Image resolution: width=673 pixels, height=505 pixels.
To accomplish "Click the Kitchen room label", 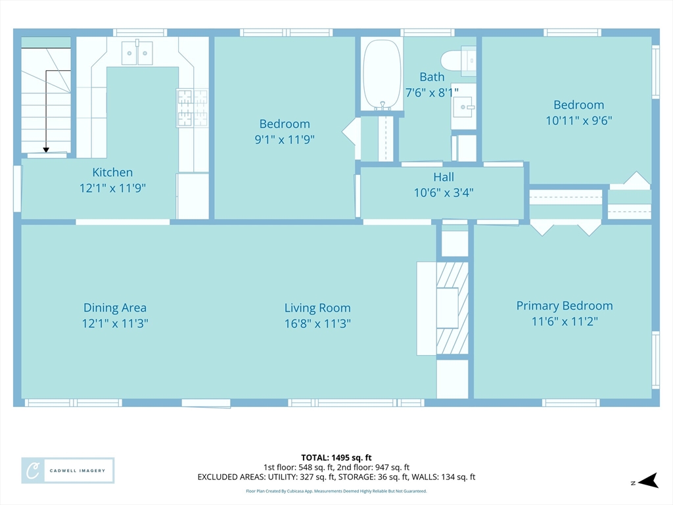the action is pos(112,172).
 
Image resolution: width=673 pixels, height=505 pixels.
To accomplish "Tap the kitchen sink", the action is pos(137,53).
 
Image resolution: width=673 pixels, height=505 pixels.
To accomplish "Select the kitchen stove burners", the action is pos(193,108).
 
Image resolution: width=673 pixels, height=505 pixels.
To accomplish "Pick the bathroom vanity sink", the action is pos(463,106).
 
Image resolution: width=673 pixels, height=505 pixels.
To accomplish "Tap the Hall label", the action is pos(444,177).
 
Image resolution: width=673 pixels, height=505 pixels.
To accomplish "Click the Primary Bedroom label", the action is pos(565,306).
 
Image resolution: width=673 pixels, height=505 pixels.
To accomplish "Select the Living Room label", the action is pos(317,308).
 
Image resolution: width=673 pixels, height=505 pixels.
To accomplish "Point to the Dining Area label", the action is pos(115,308).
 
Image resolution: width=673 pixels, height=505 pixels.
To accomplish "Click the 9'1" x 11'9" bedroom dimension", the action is pos(285,139).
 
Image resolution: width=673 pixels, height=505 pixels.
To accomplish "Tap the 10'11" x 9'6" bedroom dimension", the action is pos(578,121).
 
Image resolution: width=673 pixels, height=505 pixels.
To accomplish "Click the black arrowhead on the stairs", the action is pos(46,150).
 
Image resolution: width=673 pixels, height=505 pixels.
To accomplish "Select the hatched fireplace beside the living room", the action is pos(452,308).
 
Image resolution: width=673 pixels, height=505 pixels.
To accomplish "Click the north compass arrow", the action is pos(648,481).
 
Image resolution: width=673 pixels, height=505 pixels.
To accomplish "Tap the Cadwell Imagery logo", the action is pos(68,471).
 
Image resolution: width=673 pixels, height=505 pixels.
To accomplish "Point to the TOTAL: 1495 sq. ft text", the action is pos(336,458).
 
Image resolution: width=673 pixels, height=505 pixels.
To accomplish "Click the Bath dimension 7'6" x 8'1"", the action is pos(432,92).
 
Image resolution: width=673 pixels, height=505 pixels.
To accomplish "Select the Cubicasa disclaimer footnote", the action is pos(336,491).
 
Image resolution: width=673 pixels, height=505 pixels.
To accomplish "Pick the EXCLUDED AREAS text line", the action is pos(336,477).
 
